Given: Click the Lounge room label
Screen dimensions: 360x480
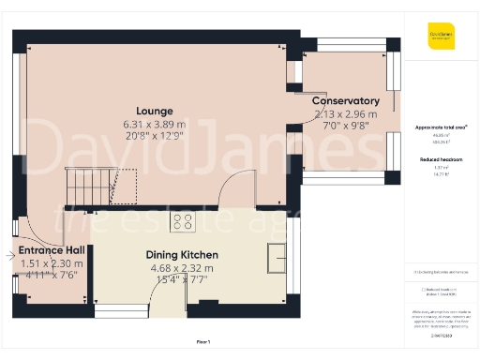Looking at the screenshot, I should [x=155, y=111].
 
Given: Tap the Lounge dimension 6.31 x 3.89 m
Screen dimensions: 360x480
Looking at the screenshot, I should [x=155, y=124].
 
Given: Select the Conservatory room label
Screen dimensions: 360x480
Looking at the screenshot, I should [x=346, y=101].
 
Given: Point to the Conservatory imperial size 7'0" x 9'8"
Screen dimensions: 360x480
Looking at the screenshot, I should [x=346, y=125].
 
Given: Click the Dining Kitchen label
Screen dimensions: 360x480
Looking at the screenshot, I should [x=182, y=255].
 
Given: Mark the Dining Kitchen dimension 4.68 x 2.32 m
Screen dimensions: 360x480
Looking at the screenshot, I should [x=182, y=267].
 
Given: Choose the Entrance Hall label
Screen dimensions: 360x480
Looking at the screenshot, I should [x=52, y=251].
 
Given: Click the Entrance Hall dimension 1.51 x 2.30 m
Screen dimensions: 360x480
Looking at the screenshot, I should [x=52, y=263].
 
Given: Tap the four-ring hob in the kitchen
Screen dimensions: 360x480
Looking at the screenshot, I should [x=182, y=222].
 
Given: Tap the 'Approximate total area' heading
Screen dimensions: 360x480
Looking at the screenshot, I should [x=441, y=127].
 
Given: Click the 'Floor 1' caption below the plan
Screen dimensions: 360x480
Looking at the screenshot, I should [x=202, y=341].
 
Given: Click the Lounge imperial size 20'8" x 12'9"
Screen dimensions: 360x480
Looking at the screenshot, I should [x=155, y=136].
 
